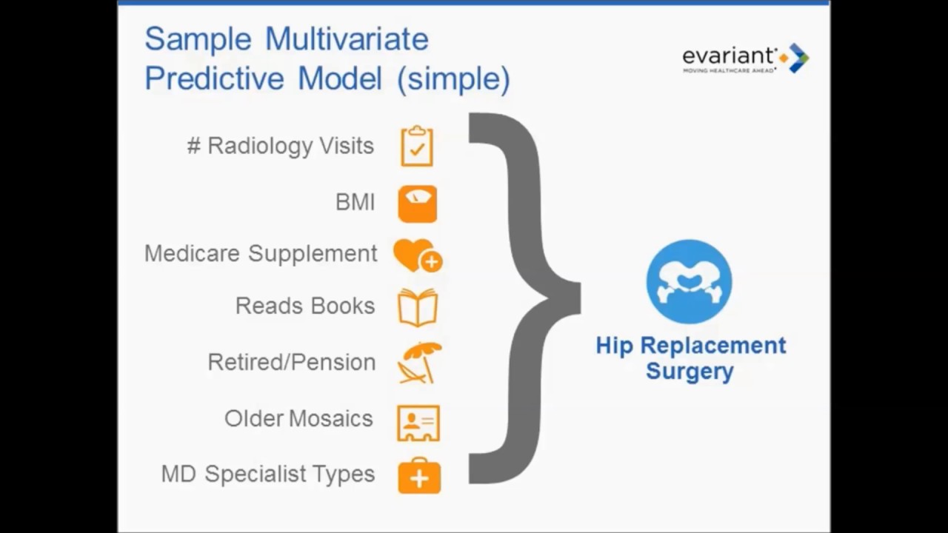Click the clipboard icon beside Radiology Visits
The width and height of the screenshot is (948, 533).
pos(417,146)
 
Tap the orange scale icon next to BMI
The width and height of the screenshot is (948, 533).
pos(417,204)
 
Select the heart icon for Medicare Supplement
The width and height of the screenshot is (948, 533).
pos(416,255)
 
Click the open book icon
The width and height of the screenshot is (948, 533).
pos(418,307)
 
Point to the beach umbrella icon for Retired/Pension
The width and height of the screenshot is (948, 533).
pos(419,362)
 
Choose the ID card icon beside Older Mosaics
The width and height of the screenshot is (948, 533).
pos(418,423)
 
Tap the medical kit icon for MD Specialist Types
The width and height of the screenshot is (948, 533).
pos(419,477)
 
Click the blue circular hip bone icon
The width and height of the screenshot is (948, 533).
pos(689,281)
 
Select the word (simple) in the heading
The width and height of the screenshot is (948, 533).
pos(453,78)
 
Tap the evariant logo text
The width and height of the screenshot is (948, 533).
pos(729,56)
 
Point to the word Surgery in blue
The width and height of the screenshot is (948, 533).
pos(690,371)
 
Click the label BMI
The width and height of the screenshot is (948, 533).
pos(355,203)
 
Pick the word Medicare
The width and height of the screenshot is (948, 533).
pos(192,253)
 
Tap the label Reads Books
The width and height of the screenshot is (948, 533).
pos(305,306)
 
